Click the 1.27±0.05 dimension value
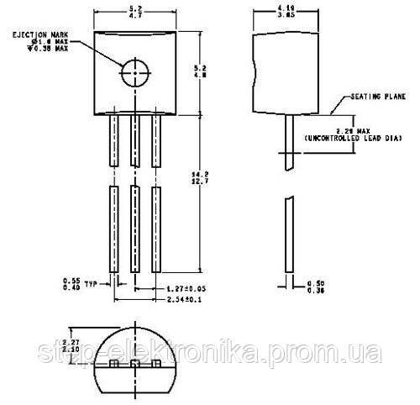point(183,287)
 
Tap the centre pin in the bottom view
point(134,364)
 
